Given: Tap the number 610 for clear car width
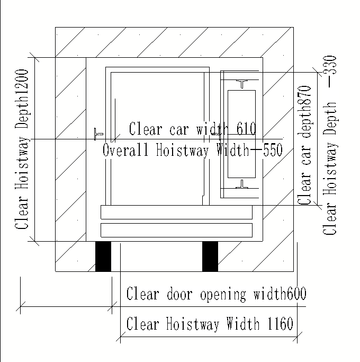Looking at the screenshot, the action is coord(246,128).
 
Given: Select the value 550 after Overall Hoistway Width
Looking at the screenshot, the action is coord(273,149).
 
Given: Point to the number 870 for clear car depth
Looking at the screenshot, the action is coord(304,95).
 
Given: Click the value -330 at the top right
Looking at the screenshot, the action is coord(330,72).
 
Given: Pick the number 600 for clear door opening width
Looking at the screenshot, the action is coord(296,293).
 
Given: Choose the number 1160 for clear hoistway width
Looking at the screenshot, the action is coord(280,323).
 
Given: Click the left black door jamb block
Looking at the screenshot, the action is coord(103,257).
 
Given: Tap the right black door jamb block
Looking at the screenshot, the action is coord(210,257).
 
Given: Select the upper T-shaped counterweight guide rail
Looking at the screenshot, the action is coord(242,84).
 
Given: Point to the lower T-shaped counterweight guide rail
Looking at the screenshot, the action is coord(242,184).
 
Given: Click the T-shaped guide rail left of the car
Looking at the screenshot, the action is coord(98,134).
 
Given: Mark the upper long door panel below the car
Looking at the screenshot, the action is coord(176,212).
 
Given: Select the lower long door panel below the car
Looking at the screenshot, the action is coord(176,230).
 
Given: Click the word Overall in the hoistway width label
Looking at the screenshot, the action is coord(125,149).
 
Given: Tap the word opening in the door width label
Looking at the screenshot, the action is coord(223,294).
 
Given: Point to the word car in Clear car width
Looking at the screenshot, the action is coord(179,130).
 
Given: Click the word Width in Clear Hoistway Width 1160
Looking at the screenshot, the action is coord(242,323).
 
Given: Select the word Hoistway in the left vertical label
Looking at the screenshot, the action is coord(22,163).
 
